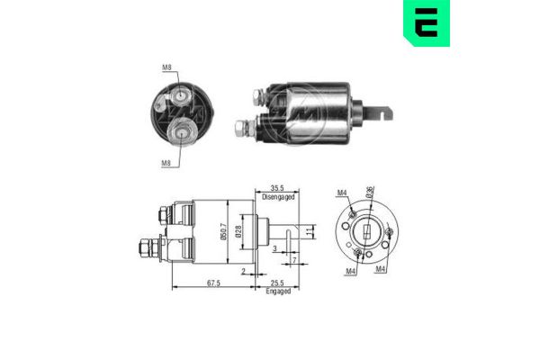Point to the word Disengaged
[x=278, y=194]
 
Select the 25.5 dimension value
[x=277, y=282]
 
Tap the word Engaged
[x=277, y=291]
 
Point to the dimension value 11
[x=308, y=232]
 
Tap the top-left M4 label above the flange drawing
[x=341, y=192]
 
